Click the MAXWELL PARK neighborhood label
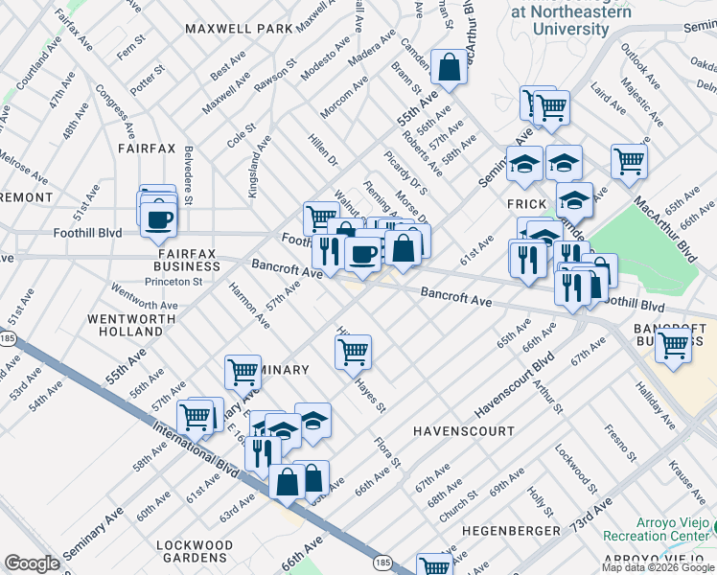point(240,29)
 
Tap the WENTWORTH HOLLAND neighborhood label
point(131,325)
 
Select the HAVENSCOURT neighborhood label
point(464,432)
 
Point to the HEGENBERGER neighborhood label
point(511,530)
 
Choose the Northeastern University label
point(559,20)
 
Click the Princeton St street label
point(173,282)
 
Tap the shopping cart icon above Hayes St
point(353,352)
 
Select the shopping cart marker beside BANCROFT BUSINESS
point(674,344)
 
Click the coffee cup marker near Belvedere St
point(158,218)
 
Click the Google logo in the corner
point(32,564)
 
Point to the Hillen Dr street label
point(323,149)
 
